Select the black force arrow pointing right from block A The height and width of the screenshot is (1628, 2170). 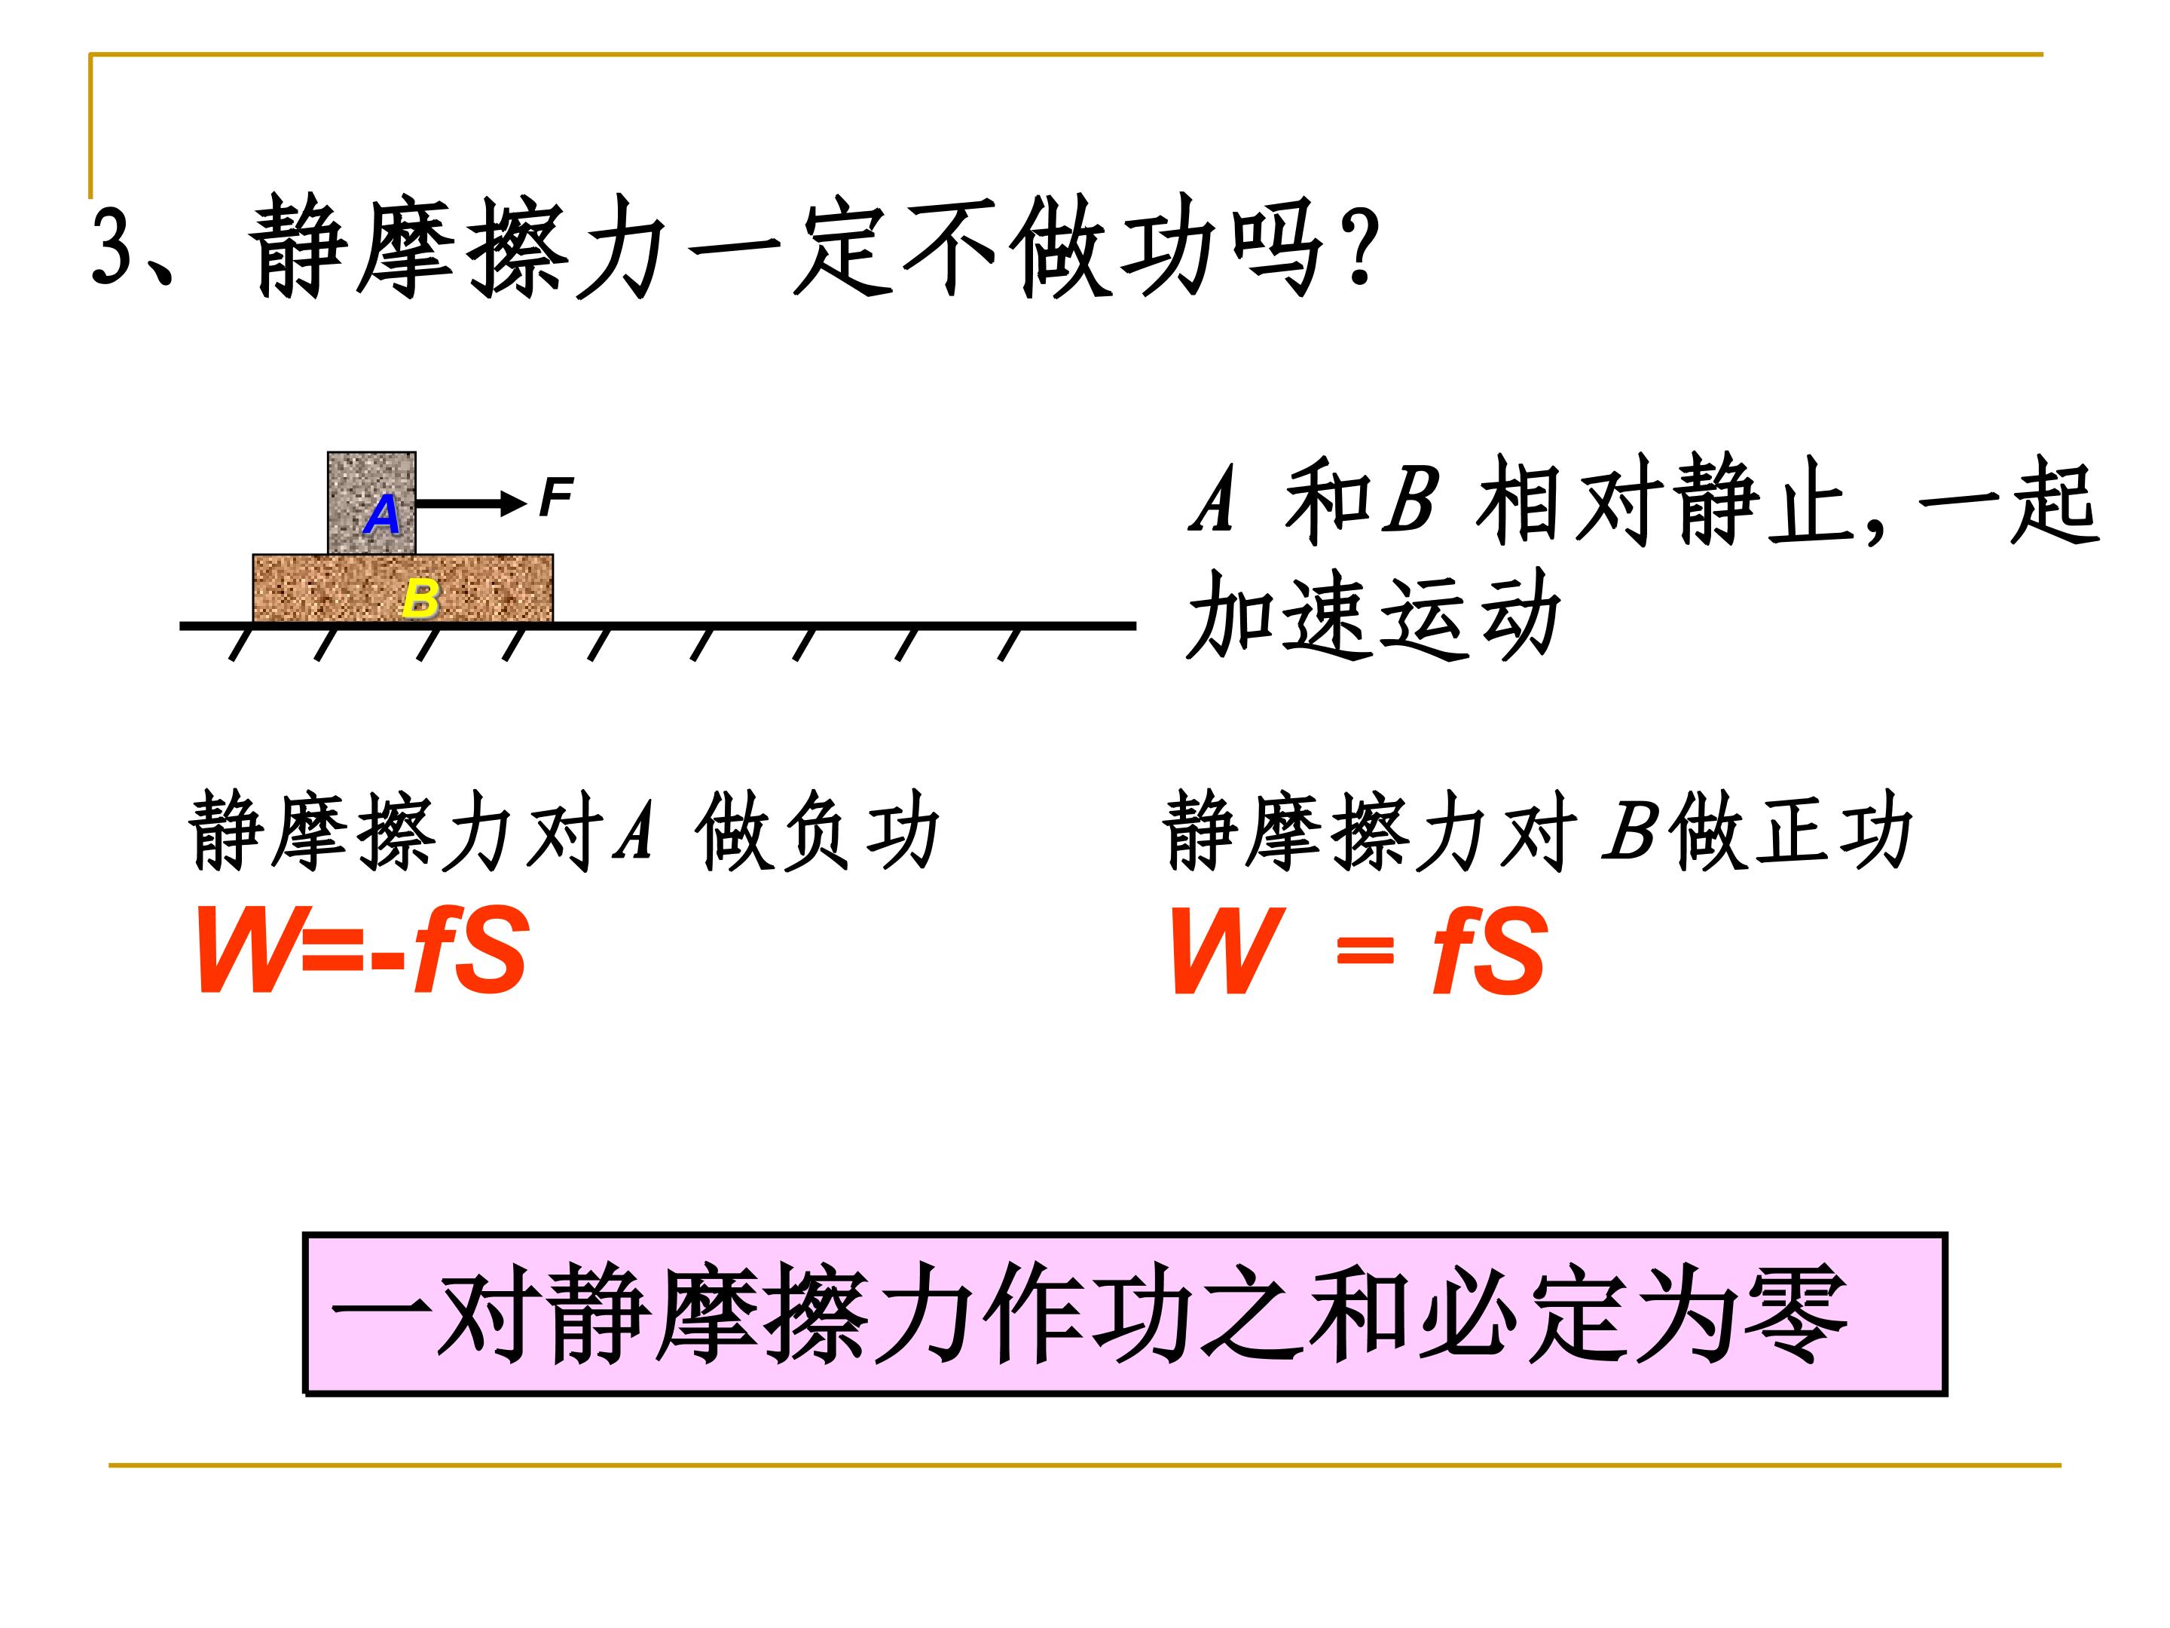click(x=472, y=504)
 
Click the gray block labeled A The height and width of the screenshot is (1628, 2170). click(x=371, y=503)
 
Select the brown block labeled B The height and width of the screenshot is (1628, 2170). click(x=403, y=588)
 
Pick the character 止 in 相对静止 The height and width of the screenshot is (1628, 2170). click(x=1816, y=503)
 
